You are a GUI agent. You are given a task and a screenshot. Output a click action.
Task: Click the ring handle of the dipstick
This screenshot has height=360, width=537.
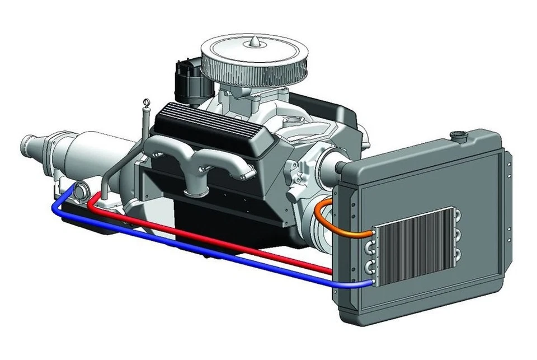[147, 102]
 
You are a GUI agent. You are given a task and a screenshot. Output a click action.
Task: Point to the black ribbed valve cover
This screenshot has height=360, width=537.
[201, 126]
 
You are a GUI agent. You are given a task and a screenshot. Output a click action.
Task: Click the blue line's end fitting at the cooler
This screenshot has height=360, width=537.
[370, 283]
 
